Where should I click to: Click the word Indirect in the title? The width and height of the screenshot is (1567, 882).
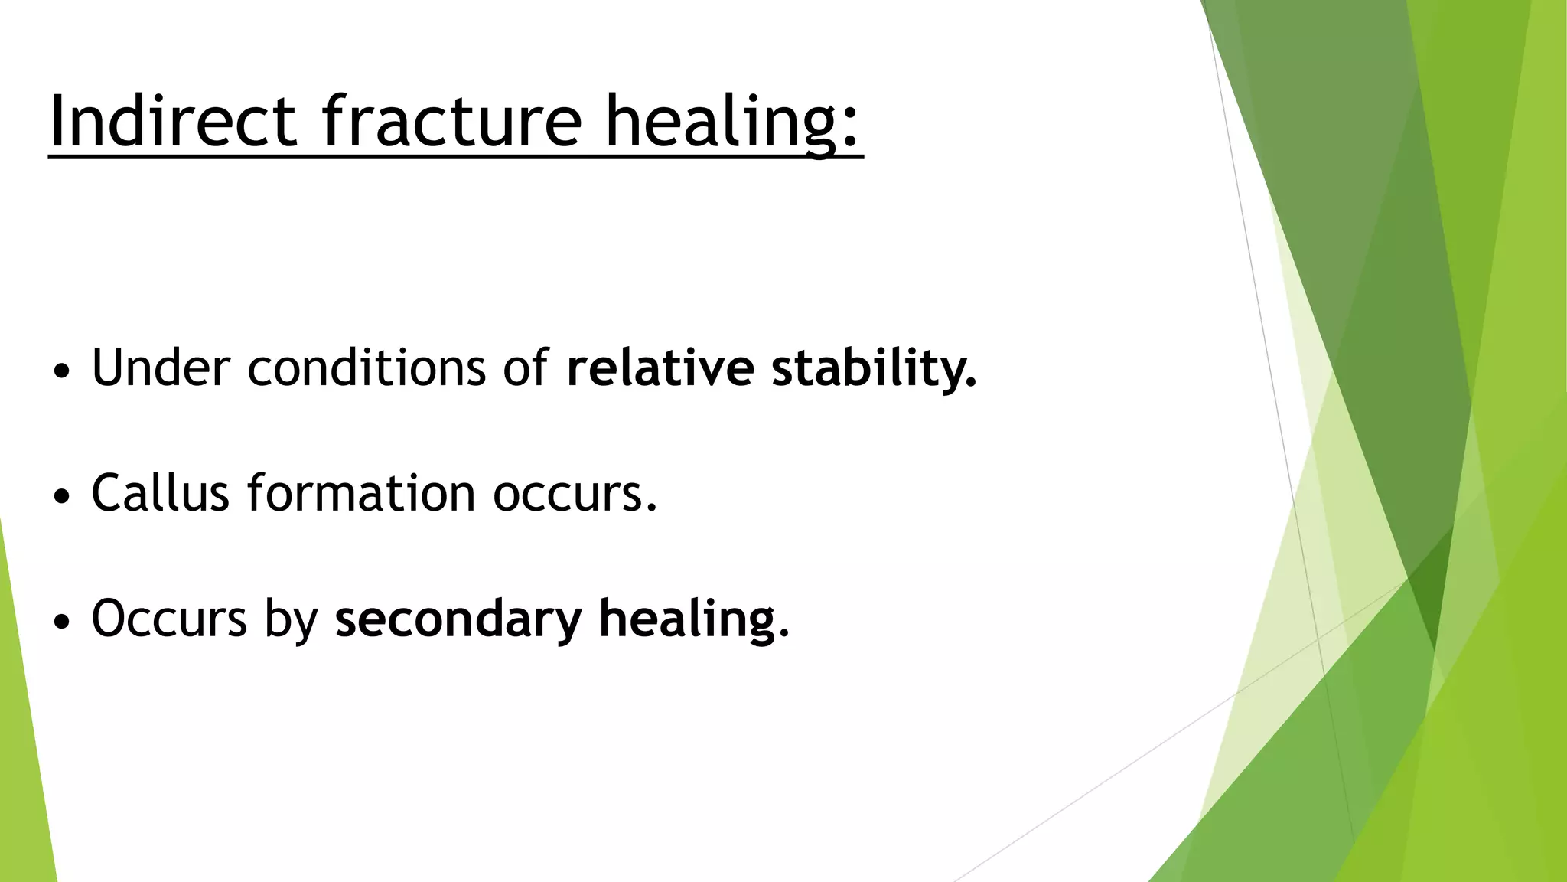[x=172, y=120]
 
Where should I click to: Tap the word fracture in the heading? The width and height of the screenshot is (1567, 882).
[x=451, y=120]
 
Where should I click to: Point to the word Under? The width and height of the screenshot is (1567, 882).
[x=161, y=367]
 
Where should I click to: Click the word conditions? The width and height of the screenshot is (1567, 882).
[x=366, y=367]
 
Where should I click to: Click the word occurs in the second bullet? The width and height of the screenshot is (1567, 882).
[x=574, y=494]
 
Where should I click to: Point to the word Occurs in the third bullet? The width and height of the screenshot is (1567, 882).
[x=169, y=618]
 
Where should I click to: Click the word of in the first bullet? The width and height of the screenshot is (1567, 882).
[x=526, y=367]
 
